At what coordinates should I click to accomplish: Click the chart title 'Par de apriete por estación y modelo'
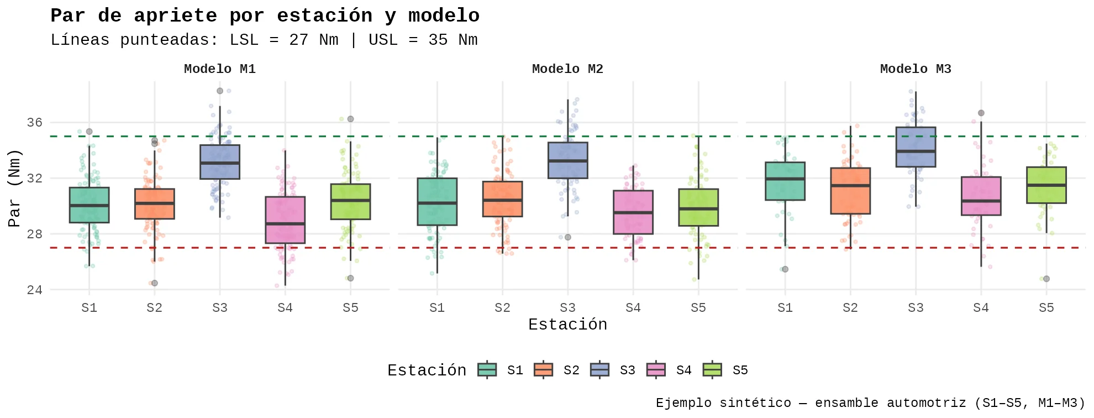[x=265, y=15]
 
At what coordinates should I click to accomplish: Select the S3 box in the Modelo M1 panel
[x=220, y=162]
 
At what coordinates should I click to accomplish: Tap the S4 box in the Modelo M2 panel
[x=633, y=212]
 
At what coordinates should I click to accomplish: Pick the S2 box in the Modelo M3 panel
[x=850, y=191]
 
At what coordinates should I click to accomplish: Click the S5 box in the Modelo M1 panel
[x=350, y=202]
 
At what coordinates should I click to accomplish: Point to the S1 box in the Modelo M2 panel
[x=437, y=201]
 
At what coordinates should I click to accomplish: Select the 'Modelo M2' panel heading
[x=567, y=69]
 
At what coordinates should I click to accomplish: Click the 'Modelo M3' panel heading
[x=916, y=69]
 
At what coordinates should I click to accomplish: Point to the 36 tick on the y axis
[x=35, y=123]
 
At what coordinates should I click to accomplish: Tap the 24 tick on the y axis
[x=35, y=290]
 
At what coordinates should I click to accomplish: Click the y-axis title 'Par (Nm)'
[x=14, y=188]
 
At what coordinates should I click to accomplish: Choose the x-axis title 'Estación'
[x=567, y=325]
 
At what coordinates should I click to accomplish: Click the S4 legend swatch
[x=656, y=370]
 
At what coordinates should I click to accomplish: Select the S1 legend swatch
[x=487, y=370]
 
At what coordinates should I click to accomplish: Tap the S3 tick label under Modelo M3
[x=916, y=308]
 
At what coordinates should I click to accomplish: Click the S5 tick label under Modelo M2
[x=698, y=308]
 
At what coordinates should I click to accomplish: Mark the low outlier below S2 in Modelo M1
[x=155, y=283]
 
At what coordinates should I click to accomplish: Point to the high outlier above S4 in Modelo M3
[x=981, y=113]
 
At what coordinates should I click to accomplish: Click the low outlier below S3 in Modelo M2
[x=568, y=237]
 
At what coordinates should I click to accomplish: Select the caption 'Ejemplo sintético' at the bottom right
[x=870, y=403]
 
